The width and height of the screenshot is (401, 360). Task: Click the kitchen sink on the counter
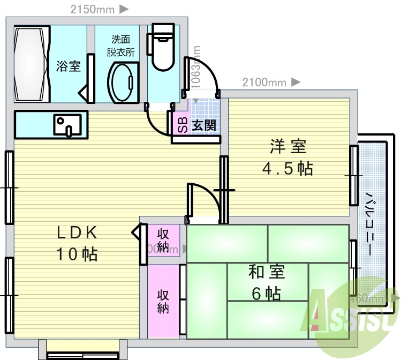coord(67,125)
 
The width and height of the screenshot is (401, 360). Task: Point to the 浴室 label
coord(69,66)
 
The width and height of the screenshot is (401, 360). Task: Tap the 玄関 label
coord(204,126)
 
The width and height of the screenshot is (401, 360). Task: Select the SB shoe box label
coord(182,125)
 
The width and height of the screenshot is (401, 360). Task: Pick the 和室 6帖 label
coord(266,282)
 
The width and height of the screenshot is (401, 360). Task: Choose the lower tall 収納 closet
coord(163,302)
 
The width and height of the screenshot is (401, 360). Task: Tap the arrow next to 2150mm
coord(123,9)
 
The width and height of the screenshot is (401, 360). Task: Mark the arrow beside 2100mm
coord(296,82)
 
